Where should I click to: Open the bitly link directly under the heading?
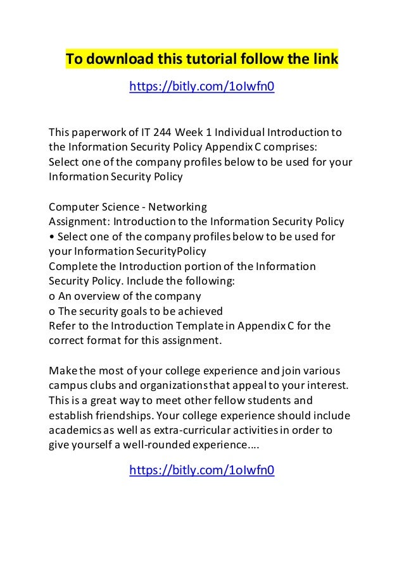pyautogui.click(x=201, y=85)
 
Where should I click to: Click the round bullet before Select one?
pyautogui.click(x=51, y=236)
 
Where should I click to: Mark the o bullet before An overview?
pyautogui.click(x=52, y=295)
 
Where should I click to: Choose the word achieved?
pyautogui.click(x=199, y=310)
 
